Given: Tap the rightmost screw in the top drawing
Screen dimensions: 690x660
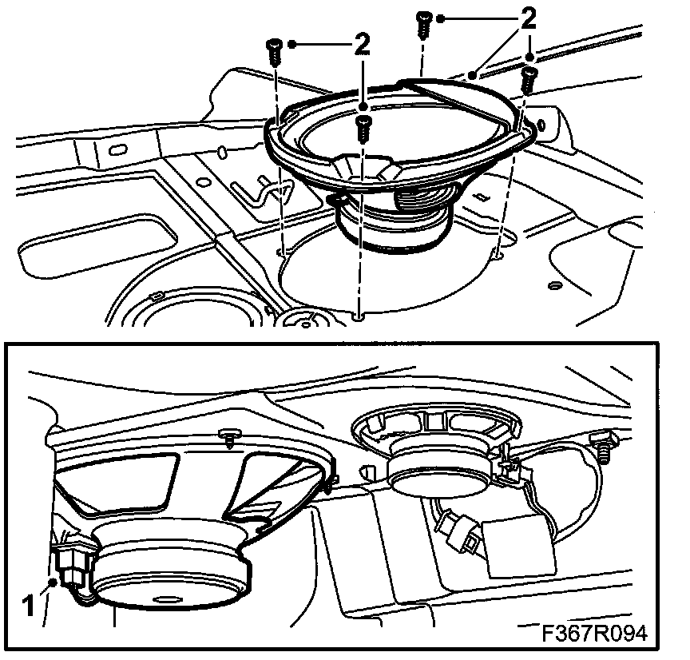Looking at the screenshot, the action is click(x=527, y=79).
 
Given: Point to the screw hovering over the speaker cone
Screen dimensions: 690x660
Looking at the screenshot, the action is click(x=363, y=128).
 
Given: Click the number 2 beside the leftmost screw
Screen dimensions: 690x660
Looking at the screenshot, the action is click(x=362, y=46).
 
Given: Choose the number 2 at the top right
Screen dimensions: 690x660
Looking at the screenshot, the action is click(x=527, y=19).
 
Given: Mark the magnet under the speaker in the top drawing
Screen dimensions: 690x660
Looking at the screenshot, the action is click(x=393, y=220).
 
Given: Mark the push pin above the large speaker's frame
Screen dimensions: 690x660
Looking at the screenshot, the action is click(x=231, y=435).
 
